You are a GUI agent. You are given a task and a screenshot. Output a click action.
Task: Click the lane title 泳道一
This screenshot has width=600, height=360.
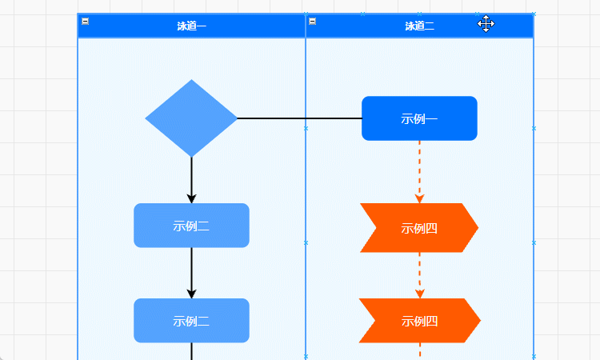click(x=191, y=26)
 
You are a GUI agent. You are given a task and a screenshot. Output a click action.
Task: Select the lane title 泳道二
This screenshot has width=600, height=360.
click(x=419, y=26)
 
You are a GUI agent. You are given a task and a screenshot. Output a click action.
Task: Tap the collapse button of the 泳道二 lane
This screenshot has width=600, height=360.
click(x=313, y=22)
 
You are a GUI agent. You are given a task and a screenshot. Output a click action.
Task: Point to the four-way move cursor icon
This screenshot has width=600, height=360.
click(x=486, y=24)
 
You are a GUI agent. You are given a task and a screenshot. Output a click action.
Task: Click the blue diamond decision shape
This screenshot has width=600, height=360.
click(x=191, y=118)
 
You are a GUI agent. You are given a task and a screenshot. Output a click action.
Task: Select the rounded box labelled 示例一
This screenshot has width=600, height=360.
click(x=419, y=118)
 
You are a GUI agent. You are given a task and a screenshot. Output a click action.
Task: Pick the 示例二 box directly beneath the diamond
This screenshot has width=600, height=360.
click(x=191, y=226)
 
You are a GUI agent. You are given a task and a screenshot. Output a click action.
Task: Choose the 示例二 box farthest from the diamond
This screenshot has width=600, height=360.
click(x=191, y=321)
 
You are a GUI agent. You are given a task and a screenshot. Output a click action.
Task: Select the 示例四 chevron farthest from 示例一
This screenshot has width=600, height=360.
click(x=418, y=321)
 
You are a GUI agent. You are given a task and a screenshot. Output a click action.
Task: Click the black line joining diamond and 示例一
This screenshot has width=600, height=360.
click(x=300, y=118)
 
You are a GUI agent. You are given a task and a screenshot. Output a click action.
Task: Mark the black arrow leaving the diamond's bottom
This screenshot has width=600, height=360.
click(x=191, y=178)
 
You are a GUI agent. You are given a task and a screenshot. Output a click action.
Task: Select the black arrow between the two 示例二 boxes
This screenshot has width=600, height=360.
click(x=191, y=272)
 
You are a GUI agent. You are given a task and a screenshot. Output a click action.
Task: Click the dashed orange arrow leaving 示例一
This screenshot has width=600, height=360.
click(x=419, y=170)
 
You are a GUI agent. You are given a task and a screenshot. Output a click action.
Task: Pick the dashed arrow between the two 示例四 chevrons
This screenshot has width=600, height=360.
click(x=419, y=274)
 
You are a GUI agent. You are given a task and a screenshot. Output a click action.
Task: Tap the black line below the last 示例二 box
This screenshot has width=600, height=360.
click(x=191, y=351)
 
